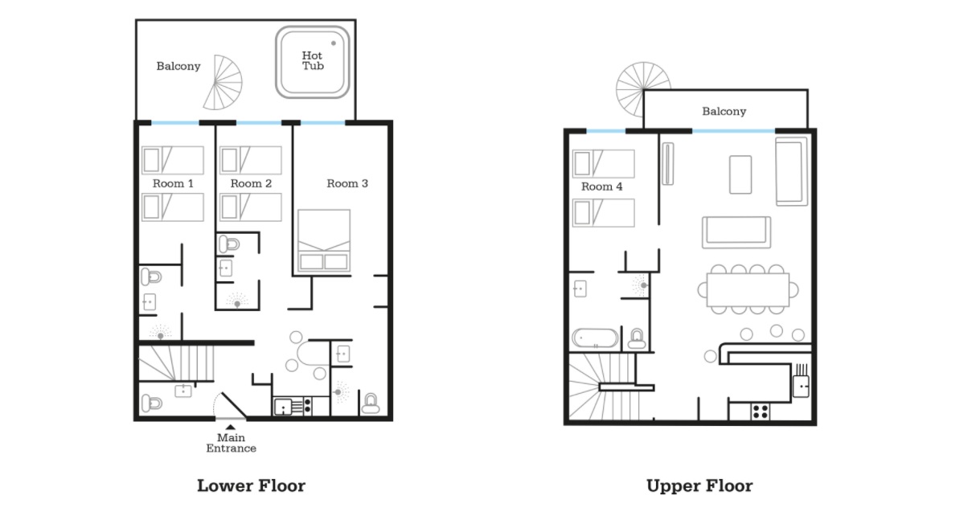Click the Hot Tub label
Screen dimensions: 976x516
pyautogui.click(x=313, y=61)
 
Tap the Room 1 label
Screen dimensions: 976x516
pyautogui.click(x=173, y=183)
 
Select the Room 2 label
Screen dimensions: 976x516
pyautogui.click(x=251, y=183)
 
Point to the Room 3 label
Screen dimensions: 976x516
pyautogui.click(x=347, y=183)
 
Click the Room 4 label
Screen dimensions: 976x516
pyautogui.click(x=601, y=186)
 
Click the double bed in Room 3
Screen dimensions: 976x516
pyautogui.click(x=324, y=241)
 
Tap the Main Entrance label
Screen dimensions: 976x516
pyautogui.click(x=231, y=443)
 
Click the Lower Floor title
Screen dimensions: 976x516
pyautogui.click(x=252, y=485)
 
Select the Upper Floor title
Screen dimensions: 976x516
pyautogui.click(x=699, y=485)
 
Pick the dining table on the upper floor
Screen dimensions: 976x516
pyautogui.click(x=748, y=289)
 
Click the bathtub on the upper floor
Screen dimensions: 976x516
pyautogui.click(x=595, y=338)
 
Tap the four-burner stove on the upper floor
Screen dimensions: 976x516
pyautogui.click(x=761, y=411)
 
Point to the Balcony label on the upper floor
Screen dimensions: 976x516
pyautogui.click(x=724, y=112)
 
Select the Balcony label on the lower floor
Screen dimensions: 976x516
pyautogui.click(x=178, y=66)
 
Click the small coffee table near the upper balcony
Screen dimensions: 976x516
pyautogui.click(x=740, y=174)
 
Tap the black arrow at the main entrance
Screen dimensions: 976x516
pyautogui.click(x=231, y=427)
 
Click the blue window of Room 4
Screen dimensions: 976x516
pyautogui.click(x=605, y=131)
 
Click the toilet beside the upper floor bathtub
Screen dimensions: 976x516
pyautogui.click(x=637, y=338)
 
